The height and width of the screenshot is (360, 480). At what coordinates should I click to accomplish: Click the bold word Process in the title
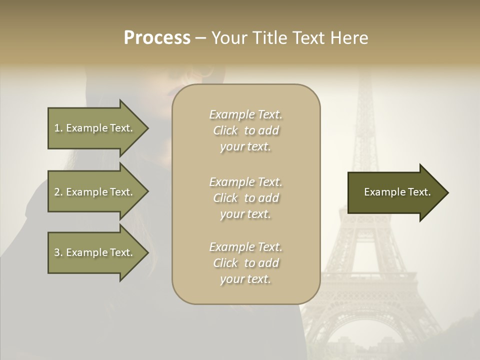(157, 38)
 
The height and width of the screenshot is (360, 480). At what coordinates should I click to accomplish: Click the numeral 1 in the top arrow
(56, 128)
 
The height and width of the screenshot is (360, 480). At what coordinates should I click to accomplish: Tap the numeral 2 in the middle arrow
(56, 192)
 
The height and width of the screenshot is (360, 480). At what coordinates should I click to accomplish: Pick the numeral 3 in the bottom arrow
(56, 252)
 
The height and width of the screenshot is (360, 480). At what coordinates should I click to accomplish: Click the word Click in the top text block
(226, 131)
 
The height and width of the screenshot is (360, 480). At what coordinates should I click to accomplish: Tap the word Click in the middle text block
(226, 198)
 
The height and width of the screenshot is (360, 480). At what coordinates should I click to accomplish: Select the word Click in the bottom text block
(226, 263)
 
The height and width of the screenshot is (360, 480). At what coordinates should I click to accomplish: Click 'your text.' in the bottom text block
(245, 279)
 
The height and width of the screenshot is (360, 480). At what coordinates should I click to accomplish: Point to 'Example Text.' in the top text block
(245, 114)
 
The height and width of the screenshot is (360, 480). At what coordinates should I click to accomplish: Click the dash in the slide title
(200, 38)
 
